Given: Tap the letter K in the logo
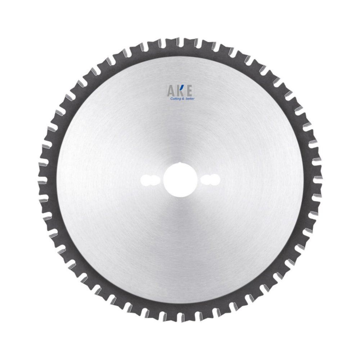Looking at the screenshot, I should [x=180, y=90].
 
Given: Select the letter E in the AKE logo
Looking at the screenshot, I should [x=189, y=90].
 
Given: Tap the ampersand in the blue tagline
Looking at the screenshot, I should [x=184, y=98].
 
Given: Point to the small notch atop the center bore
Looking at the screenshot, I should [x=180, y=164].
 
